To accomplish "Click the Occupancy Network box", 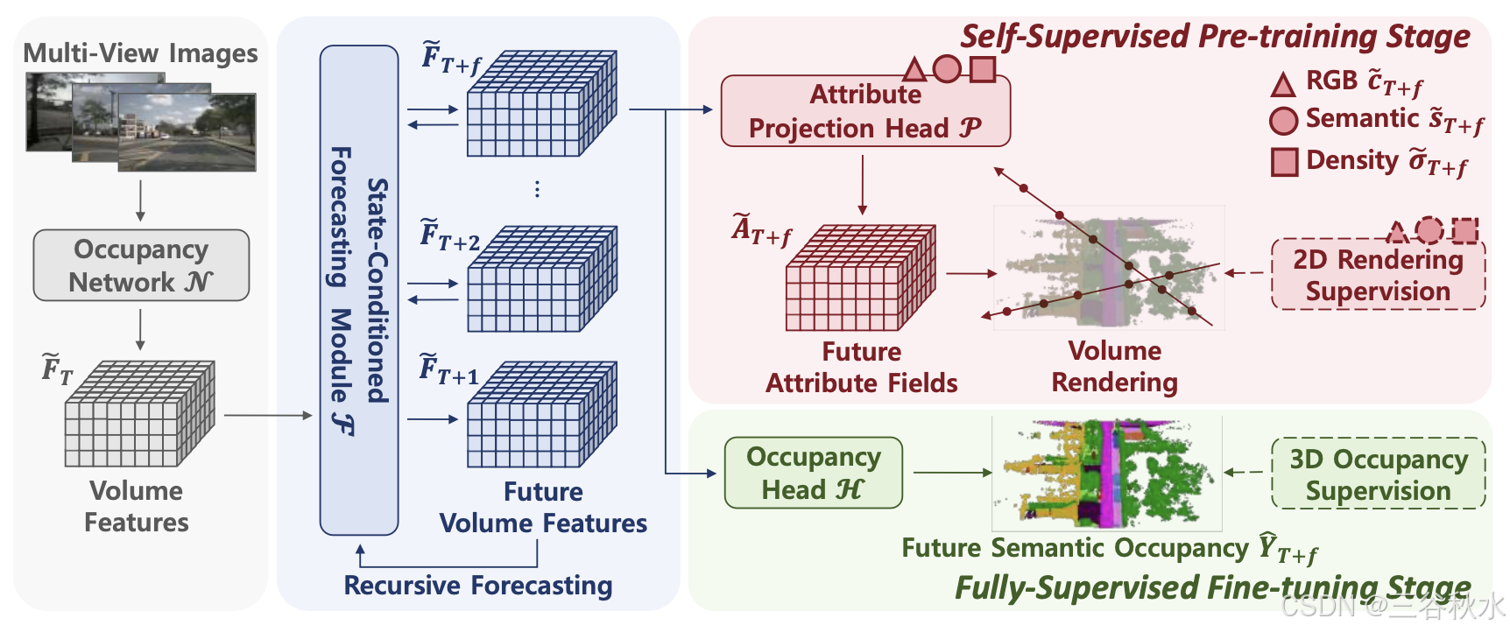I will [x=141, y=265].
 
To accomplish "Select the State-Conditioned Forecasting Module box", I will [x=358, y=290].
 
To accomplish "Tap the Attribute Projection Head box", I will [x=864, y=111].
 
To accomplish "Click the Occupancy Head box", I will [x=813, y=473].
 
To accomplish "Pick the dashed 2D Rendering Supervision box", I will [x=1378, y=275].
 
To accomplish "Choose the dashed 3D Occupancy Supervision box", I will [x=1378, y=474].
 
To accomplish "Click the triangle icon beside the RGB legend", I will [x=1283, y=84].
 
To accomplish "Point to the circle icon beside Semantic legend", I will [x=1283, y=121].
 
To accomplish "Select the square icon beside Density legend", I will [x=1284, y=162].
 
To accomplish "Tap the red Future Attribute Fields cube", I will [x=860, y=278].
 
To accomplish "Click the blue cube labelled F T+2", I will [x=541, y=279].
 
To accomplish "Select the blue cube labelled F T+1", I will [x=541, y=414].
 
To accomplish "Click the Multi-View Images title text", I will [x=140, y=53].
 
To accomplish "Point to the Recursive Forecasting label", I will [x=477, y=585].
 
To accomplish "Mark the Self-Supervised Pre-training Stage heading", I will [x=1215, y=37].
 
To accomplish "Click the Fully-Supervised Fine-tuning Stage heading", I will [x=1212, y=587].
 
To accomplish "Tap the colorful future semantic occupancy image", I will [x=1106, y=474].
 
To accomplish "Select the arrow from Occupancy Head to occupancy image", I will [x=951, y=473].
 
